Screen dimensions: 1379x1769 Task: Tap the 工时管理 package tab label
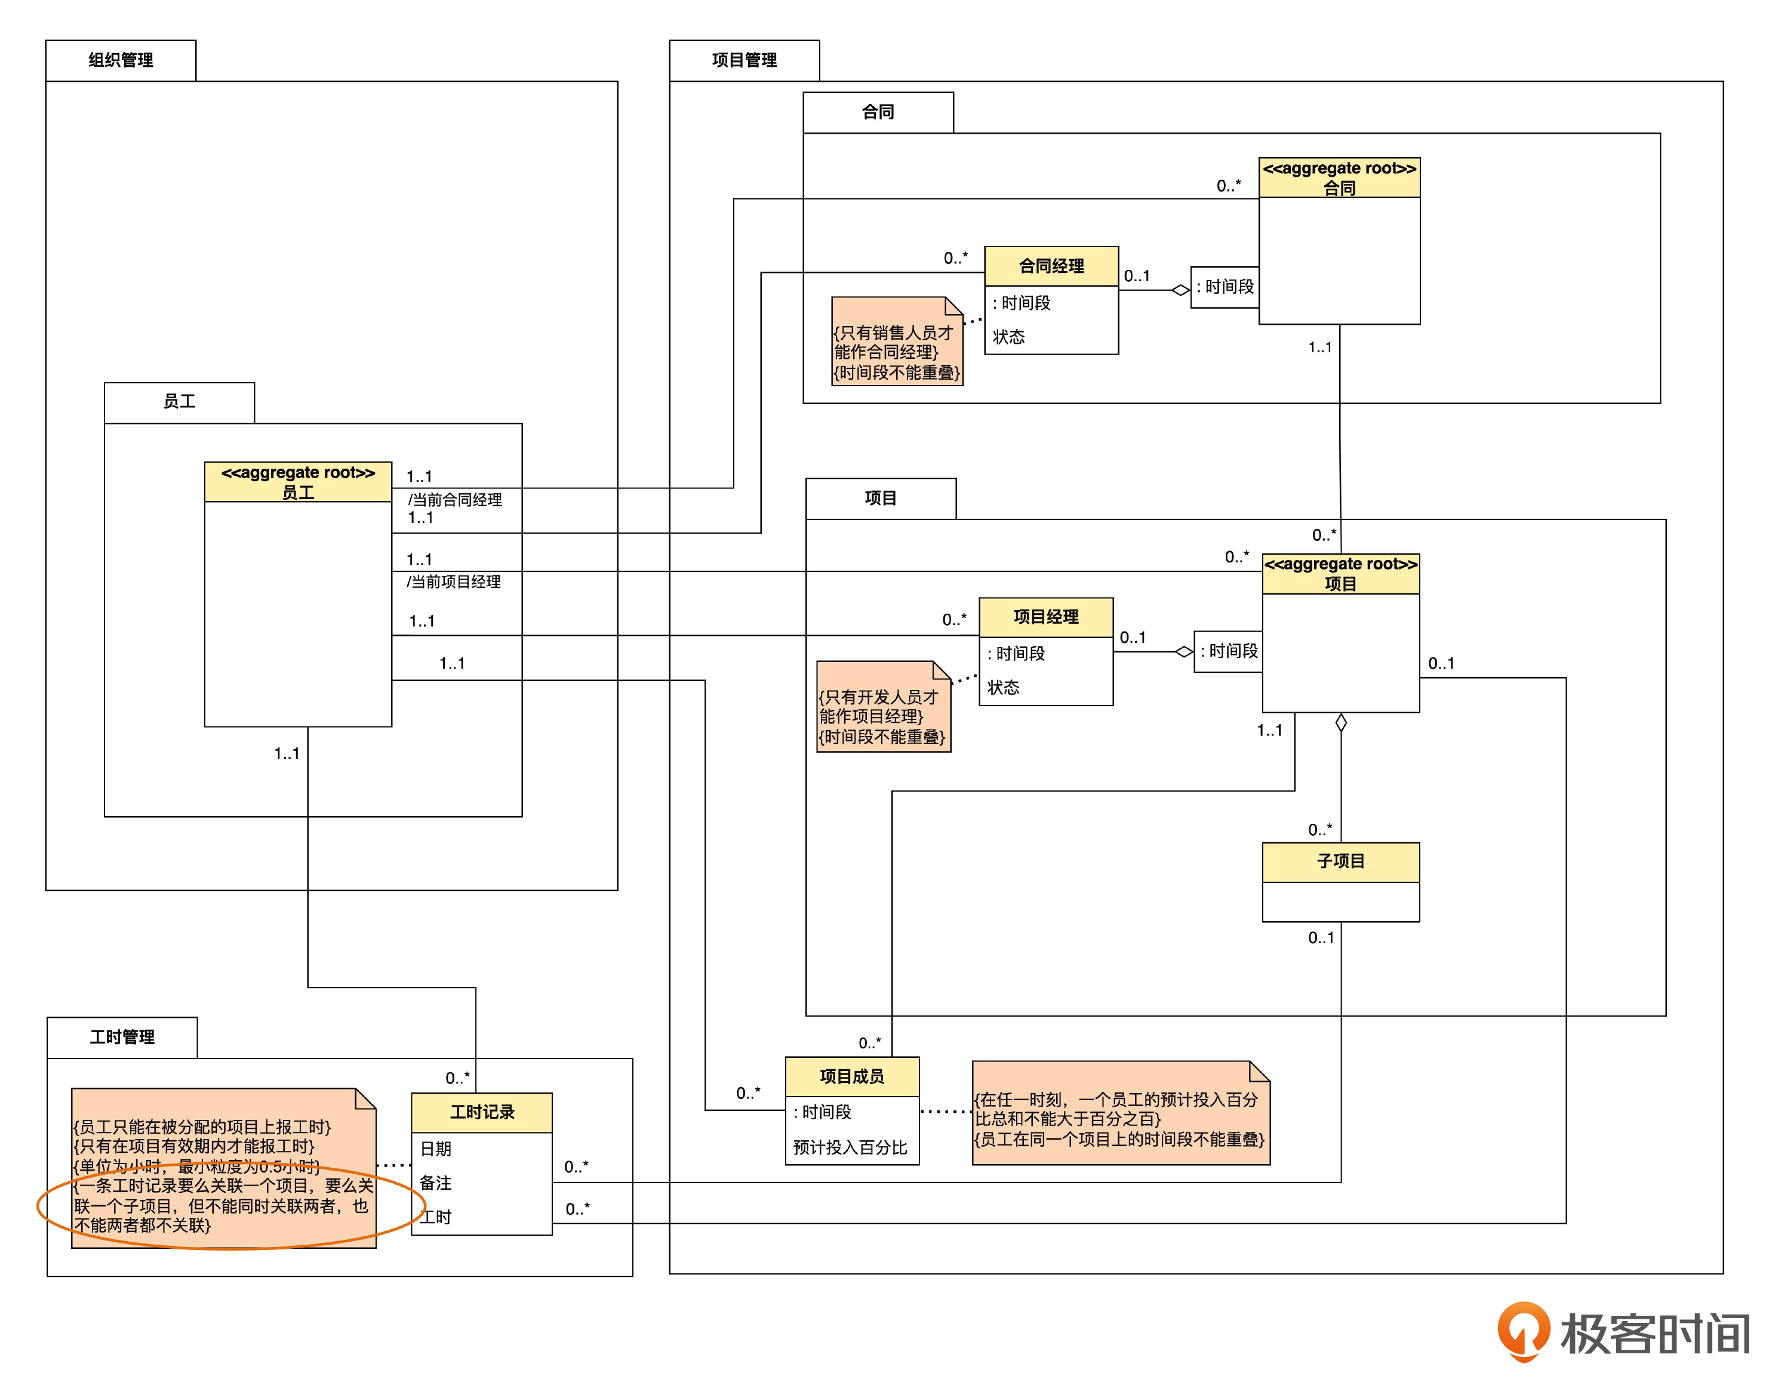coord(122,1038)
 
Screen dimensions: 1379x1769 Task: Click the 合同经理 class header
coord(1051,266)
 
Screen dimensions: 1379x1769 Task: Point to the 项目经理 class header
coord(1045,617)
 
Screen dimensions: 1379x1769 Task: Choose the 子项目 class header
coord(1340,861)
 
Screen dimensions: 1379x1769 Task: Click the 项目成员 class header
coord(851,1076)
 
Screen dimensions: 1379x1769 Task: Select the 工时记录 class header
coord(482,1112)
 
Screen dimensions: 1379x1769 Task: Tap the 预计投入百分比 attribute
coord(850,1147)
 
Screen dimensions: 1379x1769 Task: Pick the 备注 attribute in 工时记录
coord(436,1183)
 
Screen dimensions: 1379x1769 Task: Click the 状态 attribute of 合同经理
coord(1008,337)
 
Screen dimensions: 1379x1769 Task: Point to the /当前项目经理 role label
coord(454,582)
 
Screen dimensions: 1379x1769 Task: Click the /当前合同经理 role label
coord(454,500)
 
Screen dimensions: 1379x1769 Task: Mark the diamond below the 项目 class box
coord(1340,723)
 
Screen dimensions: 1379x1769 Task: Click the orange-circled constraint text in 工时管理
coord(223,1206)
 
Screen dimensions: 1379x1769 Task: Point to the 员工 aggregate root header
coord(298,482)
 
